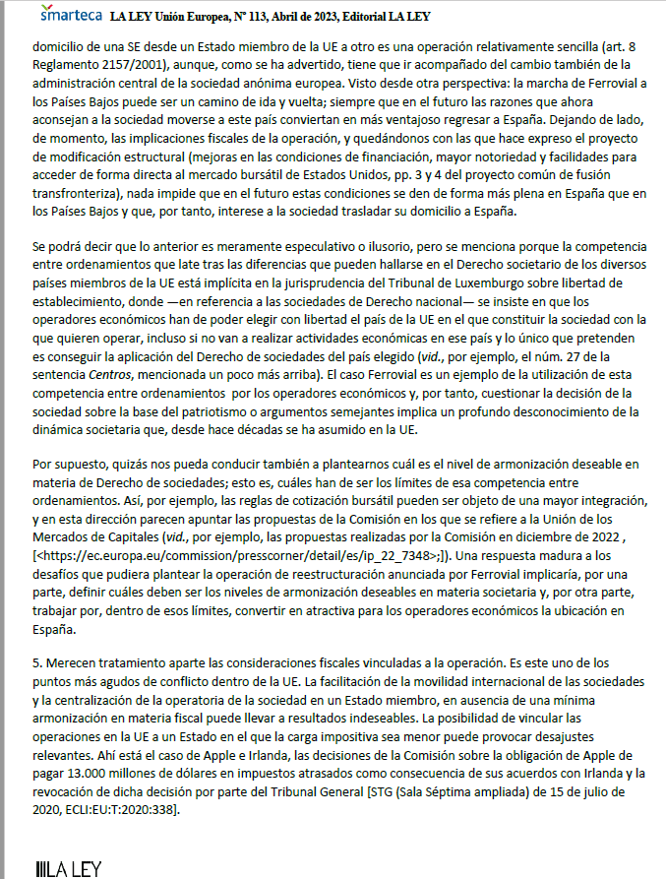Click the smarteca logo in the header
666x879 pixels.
click(70, 15)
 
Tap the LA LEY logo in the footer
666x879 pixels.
click(68, 868)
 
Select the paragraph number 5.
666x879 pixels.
click(36, 661)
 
